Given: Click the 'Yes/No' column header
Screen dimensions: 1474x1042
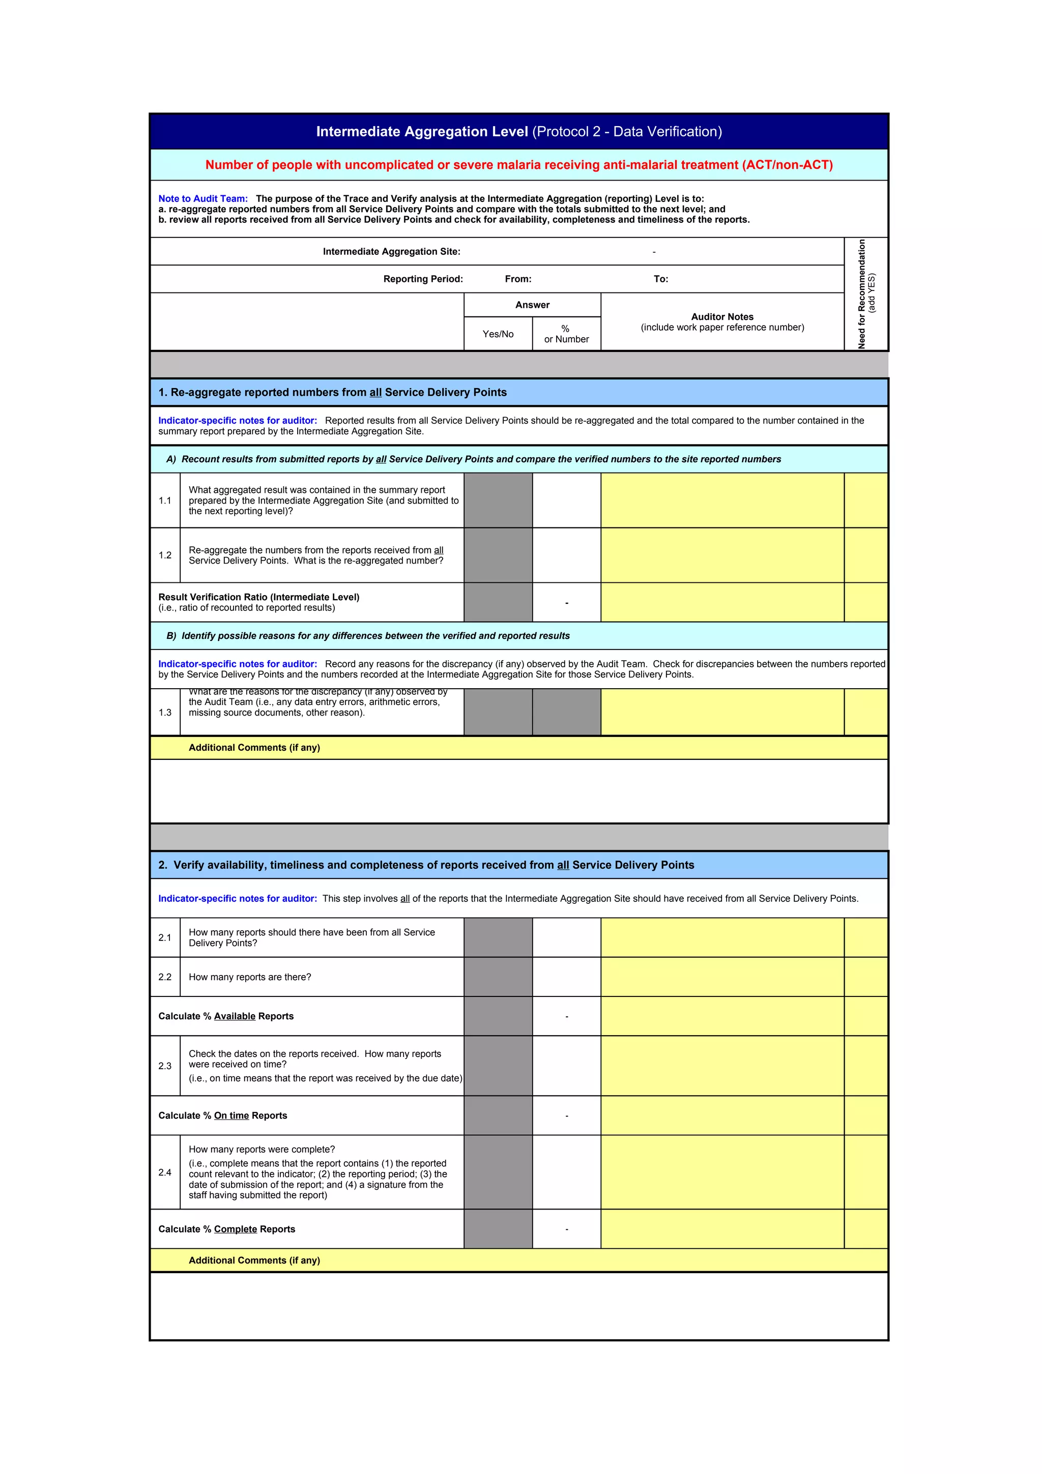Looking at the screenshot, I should [x=498, y=334].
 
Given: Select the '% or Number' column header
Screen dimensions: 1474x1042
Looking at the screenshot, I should [x=566, y=334].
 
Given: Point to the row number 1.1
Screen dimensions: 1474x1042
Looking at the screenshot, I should [x=165, y=501].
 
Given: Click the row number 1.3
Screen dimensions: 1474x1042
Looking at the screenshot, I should [x=165, y=713].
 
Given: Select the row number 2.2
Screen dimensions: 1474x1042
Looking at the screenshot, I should [x=165, y=977].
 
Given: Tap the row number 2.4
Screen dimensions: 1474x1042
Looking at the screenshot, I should [x=165, y=1172].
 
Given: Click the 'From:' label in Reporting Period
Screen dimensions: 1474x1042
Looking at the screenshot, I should [x=517, y=279].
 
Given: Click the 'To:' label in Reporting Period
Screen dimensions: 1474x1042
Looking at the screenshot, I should [x=660, y=279].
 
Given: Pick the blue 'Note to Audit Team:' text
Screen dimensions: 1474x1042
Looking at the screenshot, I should [x=203, y=199].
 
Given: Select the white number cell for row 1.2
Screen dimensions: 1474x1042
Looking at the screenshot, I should [x=566, y=555].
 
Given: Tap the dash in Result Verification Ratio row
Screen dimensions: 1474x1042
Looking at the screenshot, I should [x=566, y=603].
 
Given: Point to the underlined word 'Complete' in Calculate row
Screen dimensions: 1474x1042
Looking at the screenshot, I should [x=235, y=1229].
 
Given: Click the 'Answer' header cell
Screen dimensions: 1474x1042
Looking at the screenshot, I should [x=532, y=305].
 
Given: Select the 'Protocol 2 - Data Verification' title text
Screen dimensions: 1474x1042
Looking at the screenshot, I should [x=627, y=132].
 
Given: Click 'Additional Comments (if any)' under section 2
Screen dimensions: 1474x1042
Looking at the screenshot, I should [x=254, y=1260].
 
